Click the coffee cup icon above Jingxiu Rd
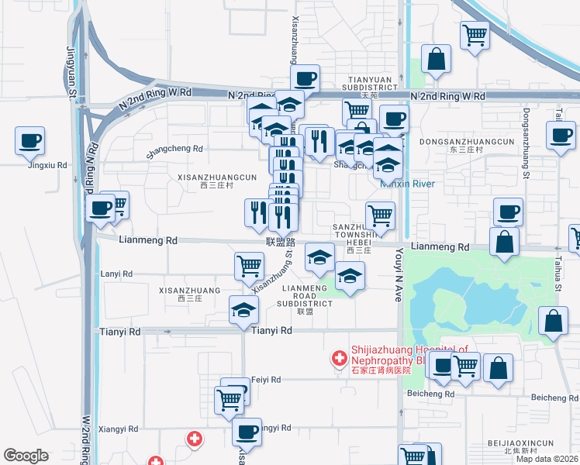click(x=29, y=140)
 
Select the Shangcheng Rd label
click(x=174, y=149)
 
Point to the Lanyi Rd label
click(x=117, y=274)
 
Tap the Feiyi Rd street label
click(x=266, y=380)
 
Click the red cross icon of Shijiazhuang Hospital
click(x=339, y=357)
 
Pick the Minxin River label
click(x=407, y=184)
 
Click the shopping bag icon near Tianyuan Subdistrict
click(x=437, y=59)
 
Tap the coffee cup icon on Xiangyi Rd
click(x=247, y=431)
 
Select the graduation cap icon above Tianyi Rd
click(x=243, y=310)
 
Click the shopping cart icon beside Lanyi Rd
click(x=249, y=265)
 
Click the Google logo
click(x=26, y=456)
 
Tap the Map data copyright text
click(x=547, y=459)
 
